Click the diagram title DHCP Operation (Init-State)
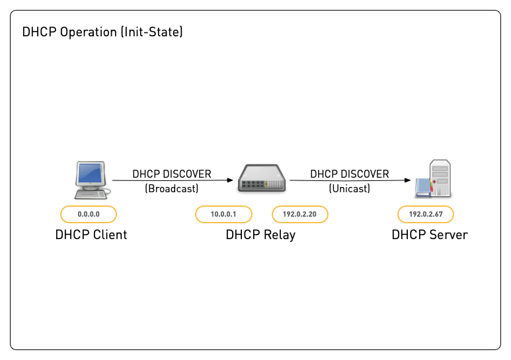102,32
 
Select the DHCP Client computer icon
90,180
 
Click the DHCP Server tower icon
436,178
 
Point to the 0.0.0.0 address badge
89,214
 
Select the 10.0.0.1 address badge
223,214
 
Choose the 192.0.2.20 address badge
300,214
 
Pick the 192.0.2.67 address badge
426,214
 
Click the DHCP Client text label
91,234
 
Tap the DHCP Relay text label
260,234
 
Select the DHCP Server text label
429,234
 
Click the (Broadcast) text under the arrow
171,188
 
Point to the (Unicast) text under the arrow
349,188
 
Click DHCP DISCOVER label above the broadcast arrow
171,174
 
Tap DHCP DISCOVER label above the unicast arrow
349,174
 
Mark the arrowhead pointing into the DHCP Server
408,180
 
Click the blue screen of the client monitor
91,174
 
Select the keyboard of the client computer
92,194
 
